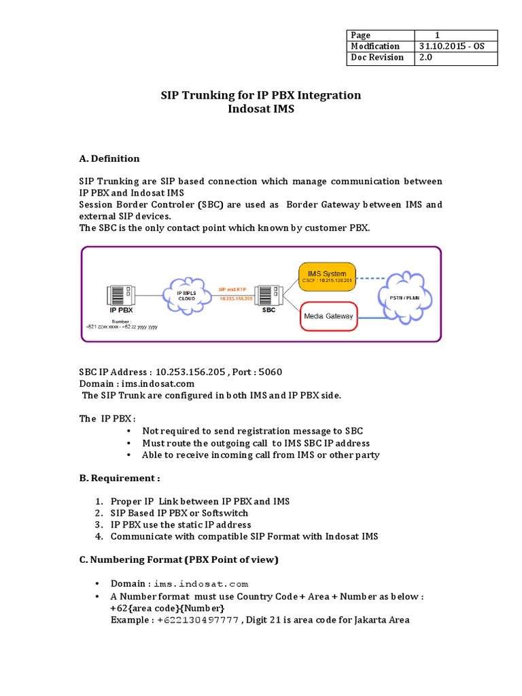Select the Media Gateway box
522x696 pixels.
[x=328, y=316]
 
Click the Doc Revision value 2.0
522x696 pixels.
[x=426, y=58]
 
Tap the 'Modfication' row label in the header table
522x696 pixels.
[x=375, y=46]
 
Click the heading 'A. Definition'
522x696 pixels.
[x=109, y=158]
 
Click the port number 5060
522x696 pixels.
[x=270, y=372]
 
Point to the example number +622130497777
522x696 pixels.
[x=196, y=620]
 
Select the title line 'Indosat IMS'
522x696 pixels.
[x=260, y=109]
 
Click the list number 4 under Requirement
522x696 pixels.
[x=99, y=536]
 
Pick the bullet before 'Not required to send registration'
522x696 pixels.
[x=128, y=431]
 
